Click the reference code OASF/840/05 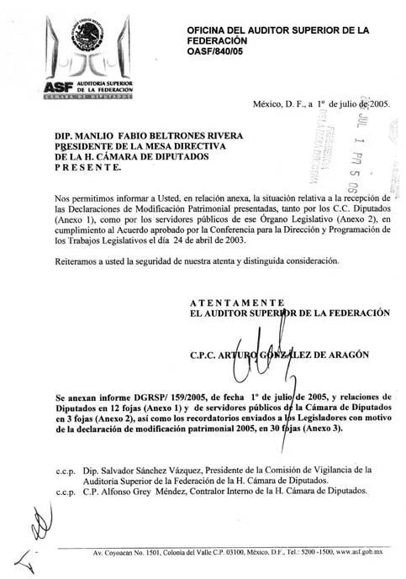pos(220,51)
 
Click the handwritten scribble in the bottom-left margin pos(34,529)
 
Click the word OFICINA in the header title pos(212,30)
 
